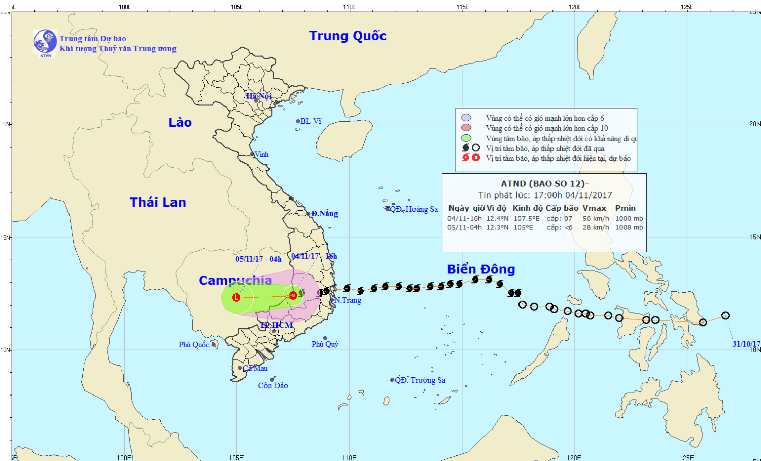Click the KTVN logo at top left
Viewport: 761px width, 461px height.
45,42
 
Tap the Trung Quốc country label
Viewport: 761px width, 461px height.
348,36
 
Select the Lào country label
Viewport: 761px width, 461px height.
180,122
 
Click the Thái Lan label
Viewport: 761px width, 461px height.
158,202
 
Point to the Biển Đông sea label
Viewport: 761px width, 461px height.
481,269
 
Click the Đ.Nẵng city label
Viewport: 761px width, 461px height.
325,214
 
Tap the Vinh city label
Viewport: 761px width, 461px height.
261,154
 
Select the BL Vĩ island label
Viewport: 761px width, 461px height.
310,121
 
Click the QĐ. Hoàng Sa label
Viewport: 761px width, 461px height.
413,209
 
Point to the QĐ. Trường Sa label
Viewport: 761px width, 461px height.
420,380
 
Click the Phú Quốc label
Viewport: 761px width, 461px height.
194,345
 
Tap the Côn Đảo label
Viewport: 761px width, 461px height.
273,386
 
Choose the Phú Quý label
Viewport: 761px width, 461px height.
325,344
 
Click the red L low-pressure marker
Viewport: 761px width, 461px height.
236,297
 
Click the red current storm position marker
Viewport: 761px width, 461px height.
293,295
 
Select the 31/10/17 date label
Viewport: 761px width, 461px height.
746,344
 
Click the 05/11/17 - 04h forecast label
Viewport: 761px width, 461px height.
258,259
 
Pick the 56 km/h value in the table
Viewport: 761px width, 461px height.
596,219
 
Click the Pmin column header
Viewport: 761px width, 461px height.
625,208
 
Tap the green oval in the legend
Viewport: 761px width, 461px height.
466,138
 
